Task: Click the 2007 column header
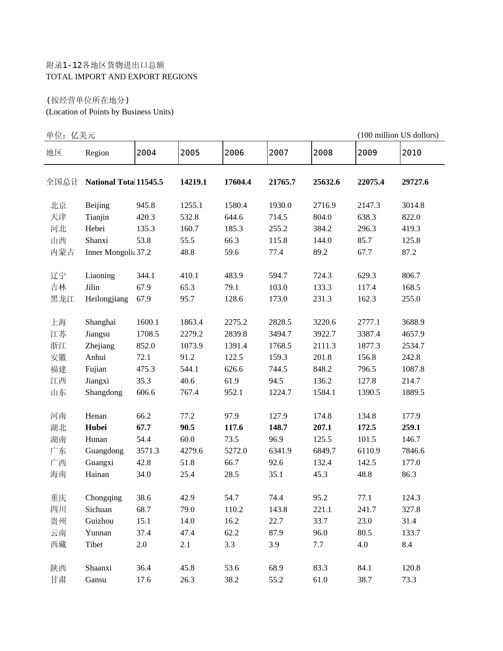pyautogui.click(x=279, y=153)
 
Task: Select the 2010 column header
pyautogui.click(x=411, y=153)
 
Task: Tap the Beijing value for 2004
pyautogui.click(x=146, y=205)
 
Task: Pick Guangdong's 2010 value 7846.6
pyautogui.click(x=413, y=451)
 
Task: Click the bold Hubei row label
pyautogui.click(x=96, y=427)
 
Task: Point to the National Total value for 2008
pyautogui.click(x=326, y=182)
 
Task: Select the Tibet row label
pyautogui.click(x=94, y=544)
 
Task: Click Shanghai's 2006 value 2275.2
pyautogui.click(x=236, y=322)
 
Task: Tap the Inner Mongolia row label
pyautogui.click(x=110, y=252)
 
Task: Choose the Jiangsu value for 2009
pyautogui.click(x=369, y=334)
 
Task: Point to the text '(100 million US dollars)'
pyautogui.click(x=398, y=135)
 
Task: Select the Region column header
pyautogui.click(x=97, y=153)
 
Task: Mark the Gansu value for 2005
pyautogui.click(x=187, y=580)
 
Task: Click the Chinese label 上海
pyautogui.click(x=58, y=322)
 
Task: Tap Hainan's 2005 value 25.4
pyautogui.click(x=187, y=474)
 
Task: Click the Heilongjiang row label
pyautogui.click(x=107, y=299)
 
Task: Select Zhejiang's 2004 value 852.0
pyautogui.click(x=146, y=346)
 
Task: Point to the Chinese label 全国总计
pyautogui.click(x=62, y=182)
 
